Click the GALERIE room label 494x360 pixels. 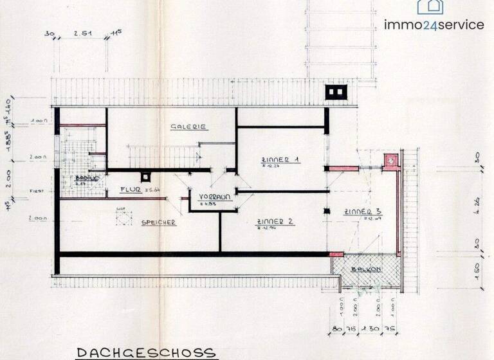(188, 127)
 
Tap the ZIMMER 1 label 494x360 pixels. (279, 159)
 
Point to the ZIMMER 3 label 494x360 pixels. (363, 212)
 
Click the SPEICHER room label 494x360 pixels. (159, 222)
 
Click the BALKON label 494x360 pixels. (366, 269)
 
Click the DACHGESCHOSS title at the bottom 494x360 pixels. (146, 352)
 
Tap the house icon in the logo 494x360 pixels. (430, 6)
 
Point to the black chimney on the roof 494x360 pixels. (335, 93)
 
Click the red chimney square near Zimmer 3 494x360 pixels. (390, 161)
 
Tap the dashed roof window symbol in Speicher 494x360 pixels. (120, 217)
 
